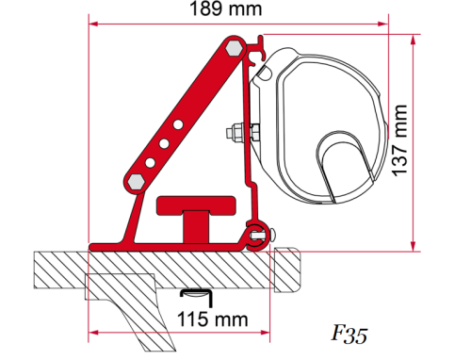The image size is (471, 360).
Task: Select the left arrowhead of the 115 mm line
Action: click(x=91, y=332)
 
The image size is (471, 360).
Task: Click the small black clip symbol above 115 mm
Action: click(x=194, y=295)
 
